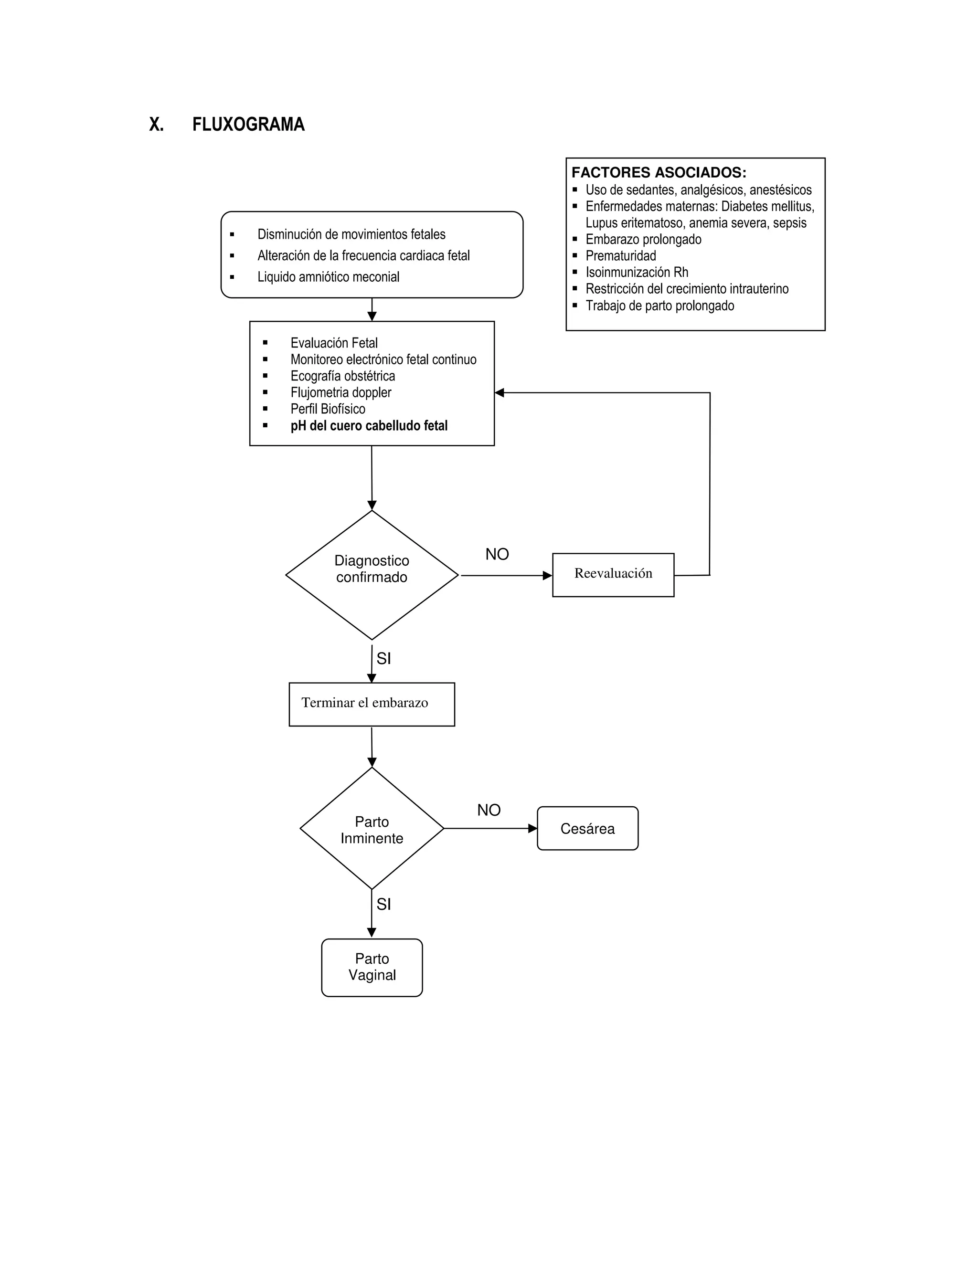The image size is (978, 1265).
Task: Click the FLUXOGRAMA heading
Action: [248, 125]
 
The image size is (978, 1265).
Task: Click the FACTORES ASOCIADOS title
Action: [659, 173]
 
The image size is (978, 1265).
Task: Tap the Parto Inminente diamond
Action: [372, 830]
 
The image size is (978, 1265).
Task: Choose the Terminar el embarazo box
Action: [372, 704]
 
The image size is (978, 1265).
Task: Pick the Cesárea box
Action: [587, 828]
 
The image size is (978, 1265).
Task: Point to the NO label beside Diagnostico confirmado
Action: [497, 554]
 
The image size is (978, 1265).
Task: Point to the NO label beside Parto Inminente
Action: [489, 810]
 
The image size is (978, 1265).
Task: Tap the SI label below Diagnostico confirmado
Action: [383, 659]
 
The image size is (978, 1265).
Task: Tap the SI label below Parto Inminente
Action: [383, 904]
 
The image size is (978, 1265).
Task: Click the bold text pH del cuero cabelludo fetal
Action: [369, 426]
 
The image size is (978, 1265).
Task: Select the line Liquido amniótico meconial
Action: [329, 277]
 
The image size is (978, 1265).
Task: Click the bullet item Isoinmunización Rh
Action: [637, 272]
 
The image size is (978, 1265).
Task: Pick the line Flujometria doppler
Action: [340, 393]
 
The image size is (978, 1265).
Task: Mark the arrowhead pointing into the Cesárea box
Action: [533, 828]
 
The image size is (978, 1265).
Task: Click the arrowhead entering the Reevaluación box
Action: [548, 575]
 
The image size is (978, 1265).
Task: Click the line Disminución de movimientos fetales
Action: [351, 234]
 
